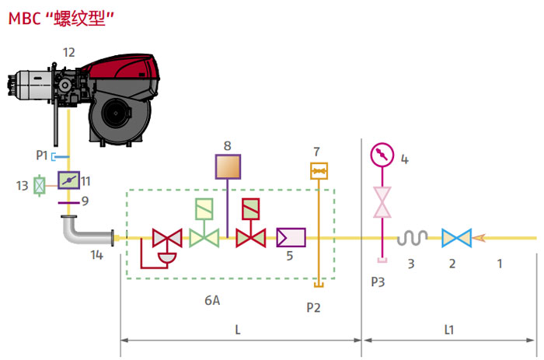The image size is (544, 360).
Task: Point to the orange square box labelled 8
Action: coord(227,167)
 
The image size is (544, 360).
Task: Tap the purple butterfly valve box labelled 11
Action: coord(68,181)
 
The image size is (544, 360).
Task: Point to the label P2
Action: coord(313,307)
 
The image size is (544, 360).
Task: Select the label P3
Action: coord(378,282)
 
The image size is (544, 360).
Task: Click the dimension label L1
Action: coord(449,330)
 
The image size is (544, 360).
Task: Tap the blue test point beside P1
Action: coord(54,157)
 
